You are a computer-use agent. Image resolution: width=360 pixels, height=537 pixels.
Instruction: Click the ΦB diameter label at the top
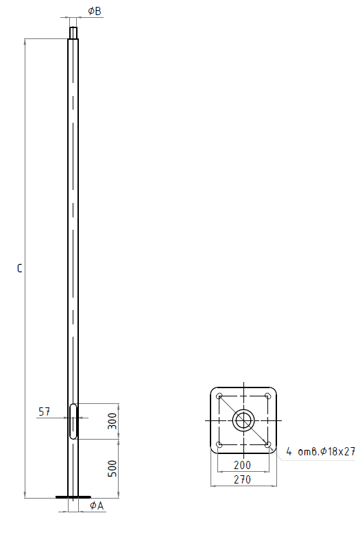coord(95,11)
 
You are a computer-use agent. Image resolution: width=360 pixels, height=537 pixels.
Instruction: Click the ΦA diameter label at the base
coord(97,505)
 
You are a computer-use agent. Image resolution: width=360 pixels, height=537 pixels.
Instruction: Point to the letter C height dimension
coord(19,268)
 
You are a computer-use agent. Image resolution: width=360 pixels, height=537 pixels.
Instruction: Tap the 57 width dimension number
coord(44,411)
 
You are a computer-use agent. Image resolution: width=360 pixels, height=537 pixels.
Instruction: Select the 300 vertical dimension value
coord(112,421)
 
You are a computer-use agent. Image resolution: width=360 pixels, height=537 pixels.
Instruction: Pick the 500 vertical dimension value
coord(112,468)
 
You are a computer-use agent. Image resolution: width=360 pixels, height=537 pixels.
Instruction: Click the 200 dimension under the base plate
coord(242,465)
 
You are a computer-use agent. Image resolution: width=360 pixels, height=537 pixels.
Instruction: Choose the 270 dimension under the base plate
coord(242,479)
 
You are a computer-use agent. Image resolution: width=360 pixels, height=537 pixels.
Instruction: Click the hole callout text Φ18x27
coord(338,451)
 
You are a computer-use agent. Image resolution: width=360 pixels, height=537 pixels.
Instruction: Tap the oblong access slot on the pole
coord(73,421)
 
